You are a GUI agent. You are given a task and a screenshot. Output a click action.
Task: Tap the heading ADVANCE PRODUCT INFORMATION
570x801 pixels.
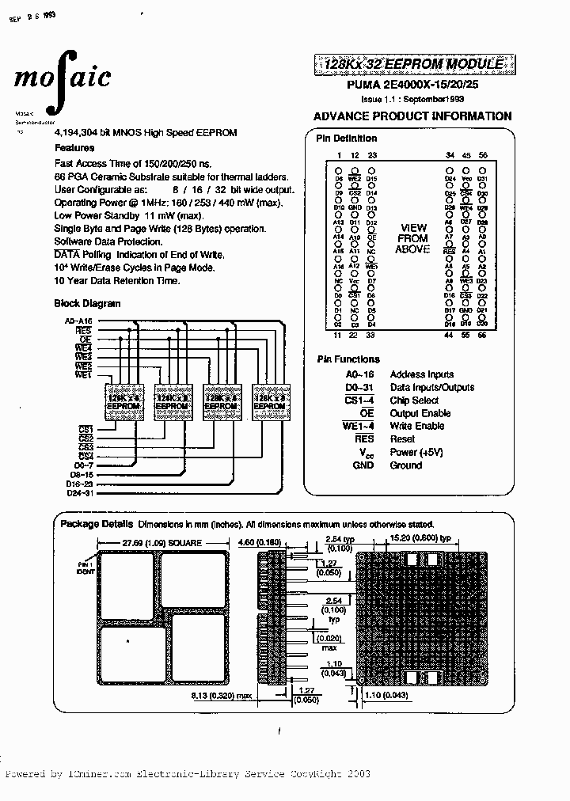[412, 116]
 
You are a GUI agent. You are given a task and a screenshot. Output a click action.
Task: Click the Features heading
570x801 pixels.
[74, 148]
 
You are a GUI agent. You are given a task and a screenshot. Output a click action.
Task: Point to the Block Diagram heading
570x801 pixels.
[87, 303]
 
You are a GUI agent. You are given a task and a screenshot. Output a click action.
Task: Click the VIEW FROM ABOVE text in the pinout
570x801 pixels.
[412, 238]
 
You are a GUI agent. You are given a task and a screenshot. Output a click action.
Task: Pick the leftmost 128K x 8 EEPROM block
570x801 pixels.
[123, 398]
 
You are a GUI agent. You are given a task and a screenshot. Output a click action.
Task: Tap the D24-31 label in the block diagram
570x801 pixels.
[79, 493]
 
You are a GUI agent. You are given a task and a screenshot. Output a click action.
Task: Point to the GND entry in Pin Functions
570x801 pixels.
[363, 465]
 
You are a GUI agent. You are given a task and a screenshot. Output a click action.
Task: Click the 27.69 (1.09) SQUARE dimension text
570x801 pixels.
[162, 543]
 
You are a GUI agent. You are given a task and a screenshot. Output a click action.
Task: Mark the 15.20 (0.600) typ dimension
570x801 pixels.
[420, 538]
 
